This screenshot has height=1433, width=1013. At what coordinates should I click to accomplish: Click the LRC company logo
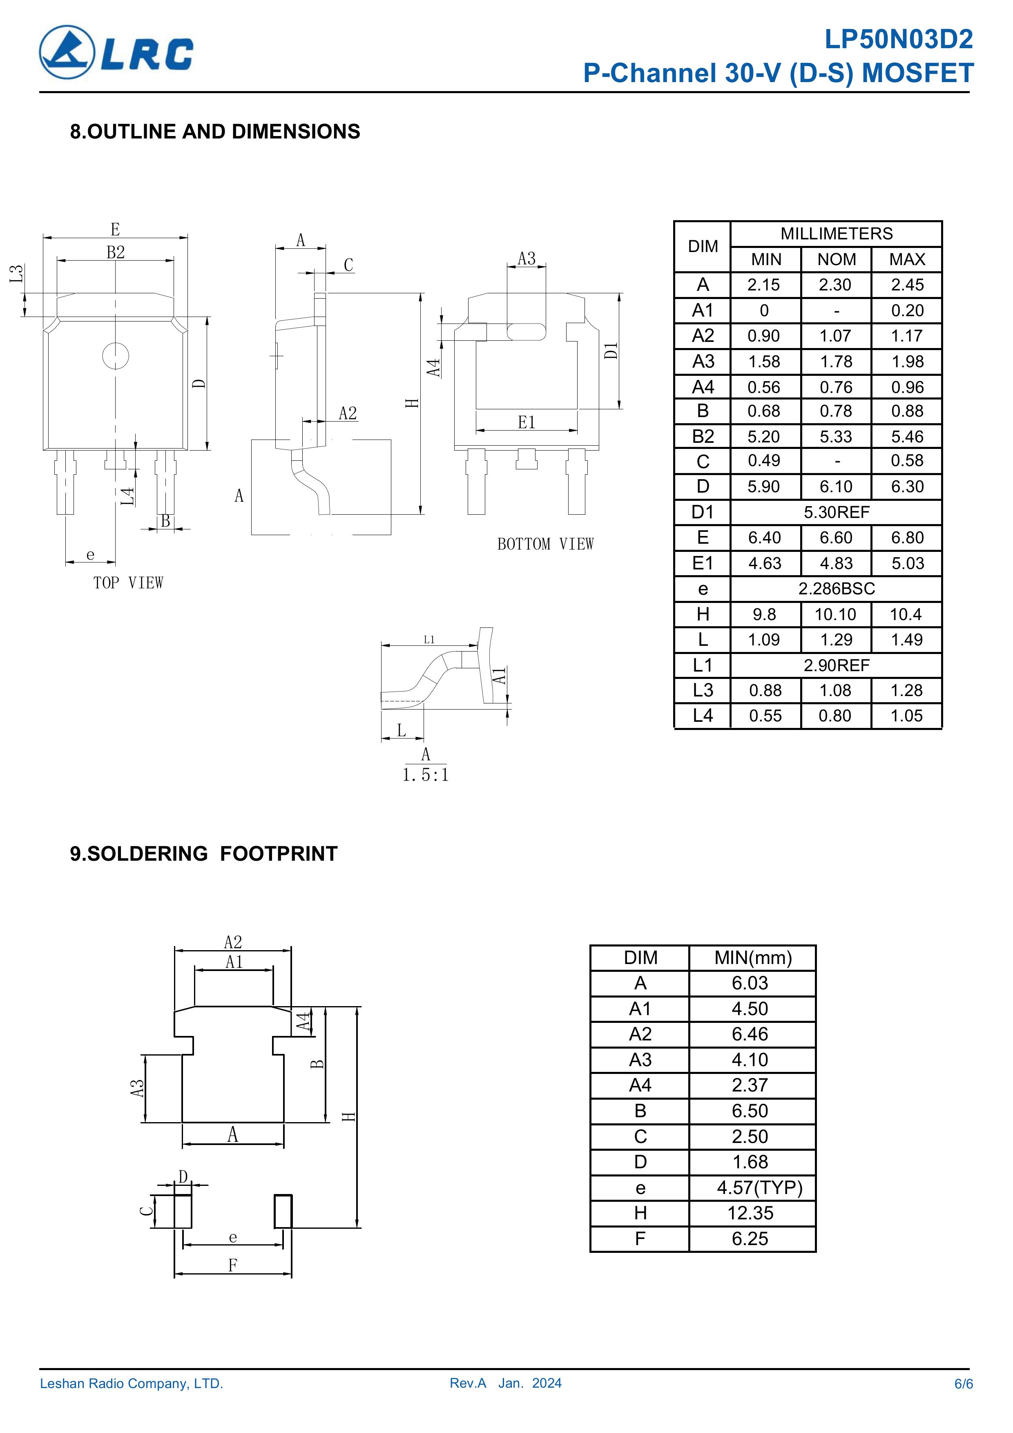tap(116, 52)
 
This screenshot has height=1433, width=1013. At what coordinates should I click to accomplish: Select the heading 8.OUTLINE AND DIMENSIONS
tap(215, 132)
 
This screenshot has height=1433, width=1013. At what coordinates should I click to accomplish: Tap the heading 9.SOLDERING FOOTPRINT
tap(203, 853)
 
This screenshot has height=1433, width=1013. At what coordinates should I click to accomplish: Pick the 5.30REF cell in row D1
tap(837, 512)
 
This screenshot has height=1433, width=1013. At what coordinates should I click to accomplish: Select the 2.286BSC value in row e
tap(837, 589)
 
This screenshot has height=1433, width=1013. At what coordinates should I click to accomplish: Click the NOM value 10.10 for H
tap(835, 614)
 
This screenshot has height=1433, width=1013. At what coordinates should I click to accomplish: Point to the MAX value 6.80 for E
tap(907, 538)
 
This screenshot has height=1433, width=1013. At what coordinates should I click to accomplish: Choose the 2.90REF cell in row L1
tap(837, 665)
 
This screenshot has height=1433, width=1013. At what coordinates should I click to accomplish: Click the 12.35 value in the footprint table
tap(750, 1213)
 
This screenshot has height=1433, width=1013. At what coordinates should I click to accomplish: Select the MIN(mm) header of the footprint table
tap(753, 958)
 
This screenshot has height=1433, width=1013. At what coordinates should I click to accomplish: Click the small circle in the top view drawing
tap(116, 356)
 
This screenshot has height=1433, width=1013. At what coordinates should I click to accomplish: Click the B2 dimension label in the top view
tap(116, 252)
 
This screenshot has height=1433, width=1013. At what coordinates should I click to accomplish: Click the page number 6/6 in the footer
tap(964, 1384)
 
